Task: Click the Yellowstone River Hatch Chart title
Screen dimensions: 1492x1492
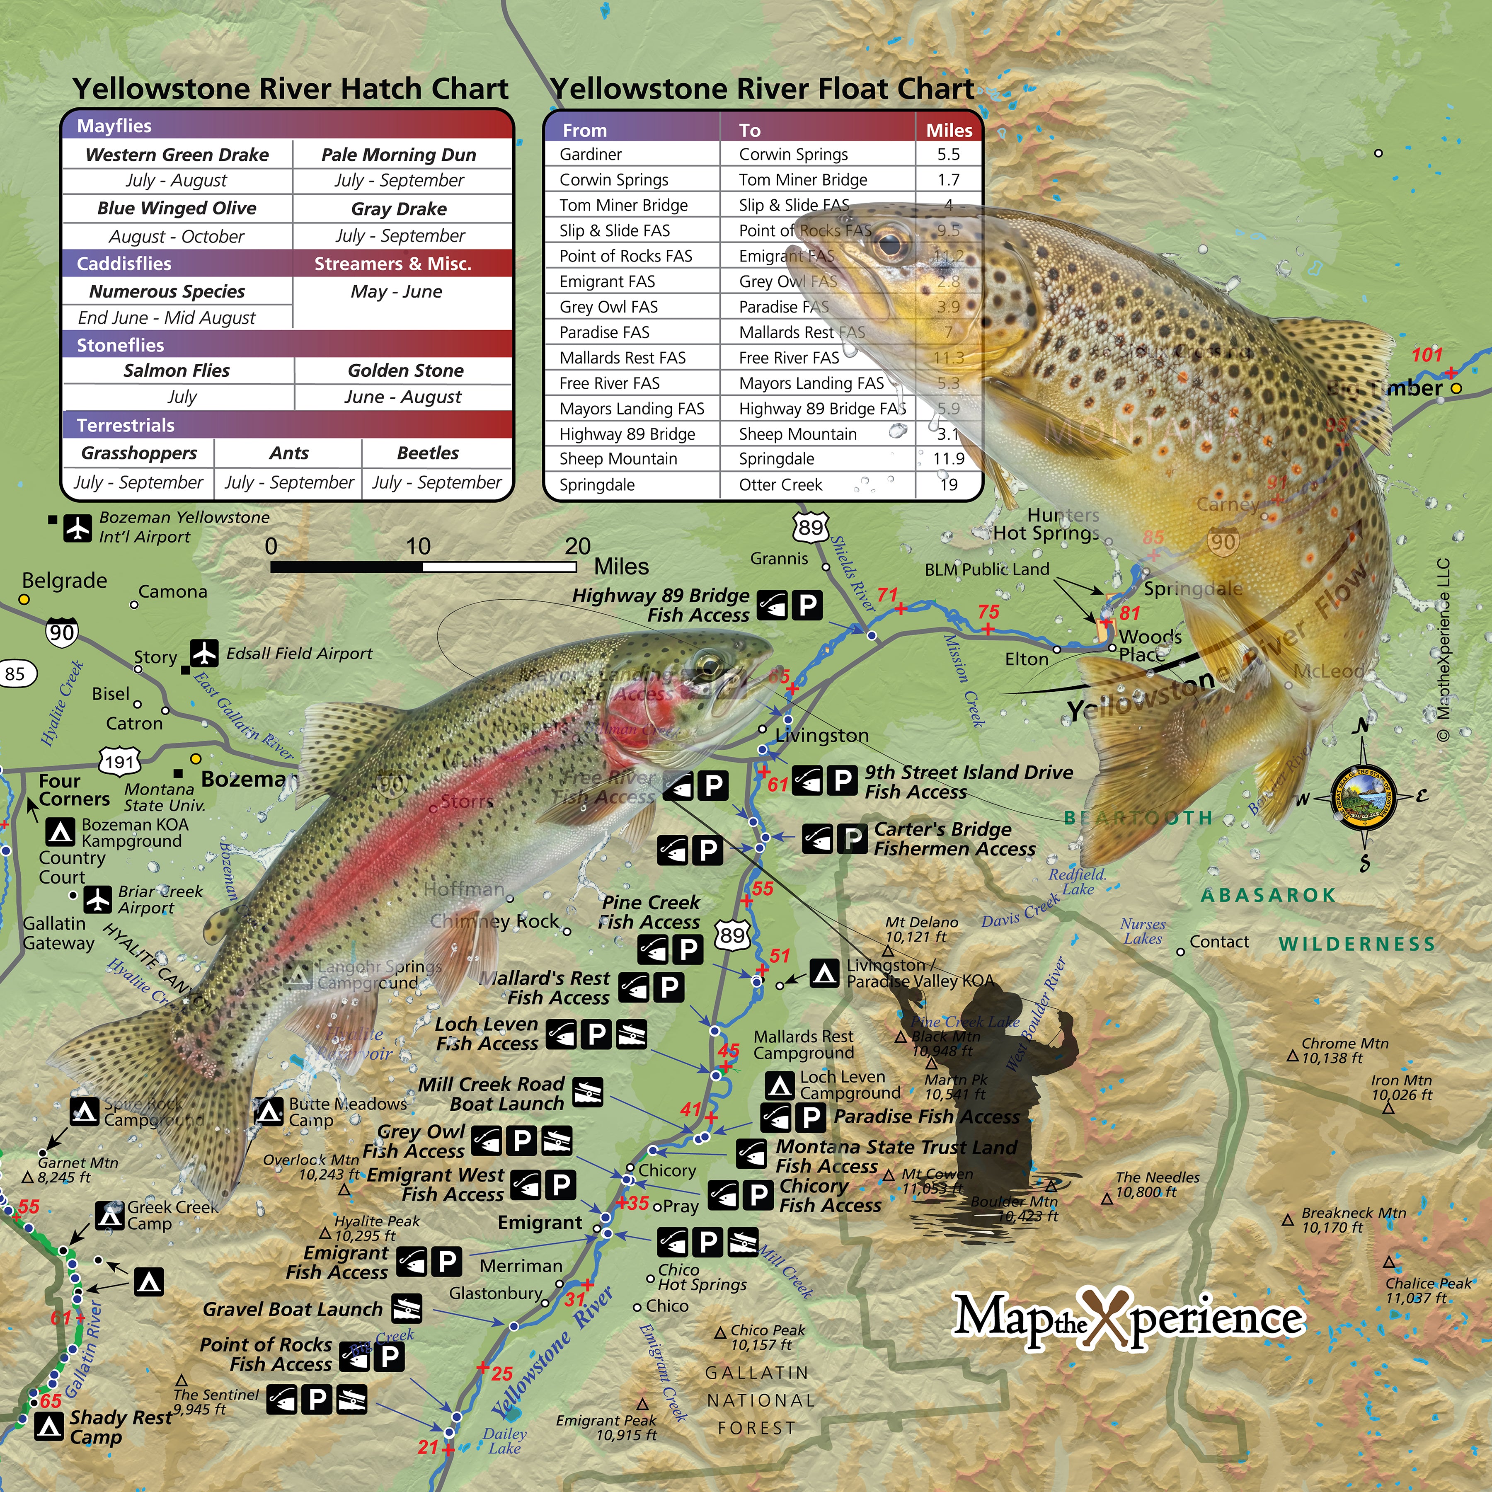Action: (291, 89)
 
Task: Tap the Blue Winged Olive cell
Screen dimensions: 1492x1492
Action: (177, 208)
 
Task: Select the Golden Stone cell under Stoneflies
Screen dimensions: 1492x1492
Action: (405, 371)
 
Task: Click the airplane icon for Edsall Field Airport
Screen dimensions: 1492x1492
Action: (205, 653)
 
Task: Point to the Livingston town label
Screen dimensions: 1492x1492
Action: (822, 735)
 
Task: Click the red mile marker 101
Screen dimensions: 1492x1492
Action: (1427, 355)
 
